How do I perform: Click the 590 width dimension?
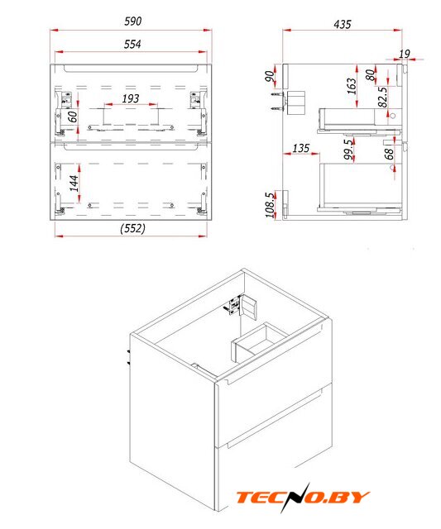click(132, 21)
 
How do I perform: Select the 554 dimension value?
click(132, 44)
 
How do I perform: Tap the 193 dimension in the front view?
click(131, 98)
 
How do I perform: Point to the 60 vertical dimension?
click(73, 117)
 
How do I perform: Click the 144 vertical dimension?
click(74, 183)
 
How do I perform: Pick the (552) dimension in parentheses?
click(132, 228)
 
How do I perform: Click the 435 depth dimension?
click(343, 24)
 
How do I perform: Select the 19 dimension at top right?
click(405, 54)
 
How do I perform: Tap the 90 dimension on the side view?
click(270, 76)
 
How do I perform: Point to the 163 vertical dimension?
click(351, 86)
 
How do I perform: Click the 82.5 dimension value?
click(382, 98)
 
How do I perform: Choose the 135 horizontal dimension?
click(301, 148)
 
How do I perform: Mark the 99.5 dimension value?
click(349, 150)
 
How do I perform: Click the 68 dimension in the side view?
click(389, 155)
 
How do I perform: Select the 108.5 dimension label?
click(270, 205)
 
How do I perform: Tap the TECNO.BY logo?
click(303, 497)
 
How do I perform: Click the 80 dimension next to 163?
click(370, 75)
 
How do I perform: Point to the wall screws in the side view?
click(276, 101)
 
